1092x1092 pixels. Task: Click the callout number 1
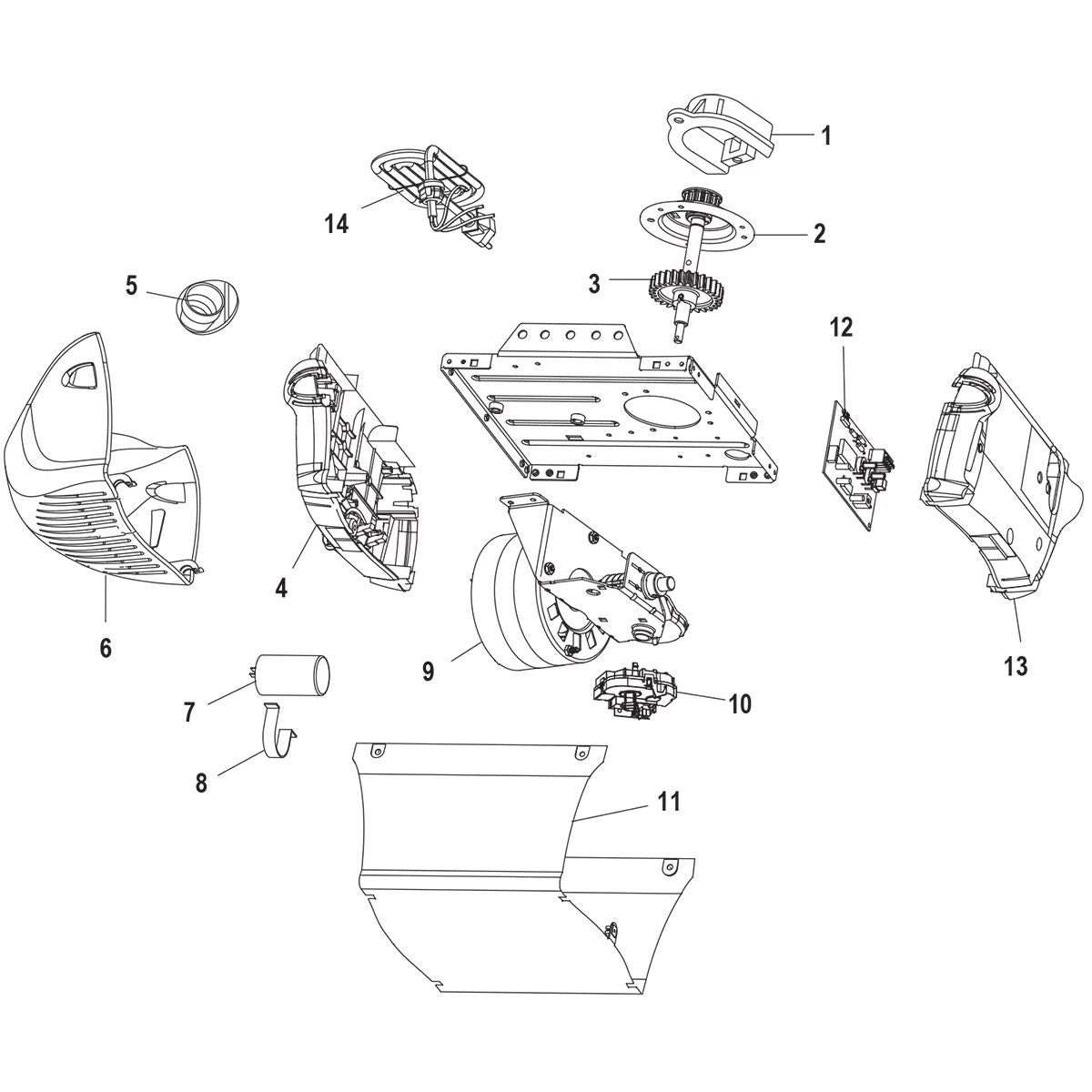(825, 136)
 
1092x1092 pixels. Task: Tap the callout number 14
(337, 223)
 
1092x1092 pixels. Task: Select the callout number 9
(428, 672)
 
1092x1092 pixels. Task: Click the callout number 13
(1016, 666)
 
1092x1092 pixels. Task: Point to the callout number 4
(281, 588)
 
